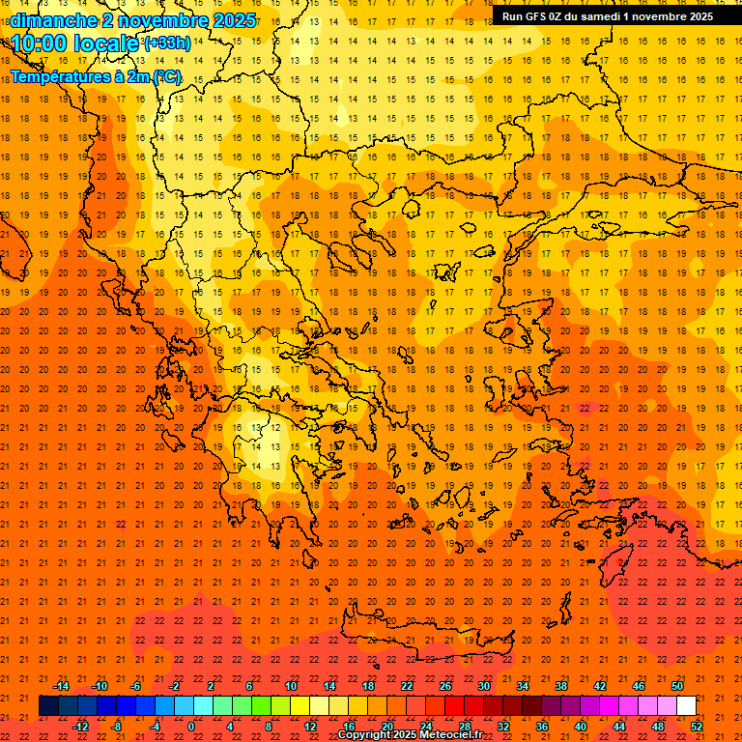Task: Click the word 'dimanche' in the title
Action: click(53, 20)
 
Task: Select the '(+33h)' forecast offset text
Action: click(167, 43)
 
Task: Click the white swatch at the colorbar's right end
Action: click(686, 706)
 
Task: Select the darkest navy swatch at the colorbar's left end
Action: click(48, 706)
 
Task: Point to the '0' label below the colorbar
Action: click(191, 727)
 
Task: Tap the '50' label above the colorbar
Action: click(676, 686)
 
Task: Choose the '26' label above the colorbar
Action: click(445, 686)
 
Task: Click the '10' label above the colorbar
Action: click(291, 686)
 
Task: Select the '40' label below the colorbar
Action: click(581, 727)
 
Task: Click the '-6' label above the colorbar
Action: click(136, 686)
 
